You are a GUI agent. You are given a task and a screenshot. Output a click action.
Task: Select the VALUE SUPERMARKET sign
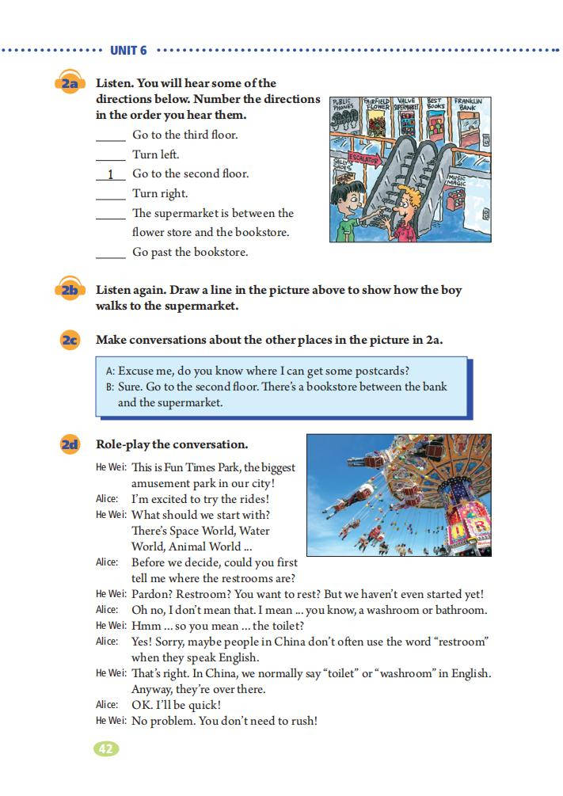tap(406, 104)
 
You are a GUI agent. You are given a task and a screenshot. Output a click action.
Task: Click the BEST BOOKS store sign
tap(436, 104)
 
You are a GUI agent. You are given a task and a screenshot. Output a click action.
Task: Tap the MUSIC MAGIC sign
tap(457, 180)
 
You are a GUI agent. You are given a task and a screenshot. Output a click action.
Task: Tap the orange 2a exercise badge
tap(69, 83)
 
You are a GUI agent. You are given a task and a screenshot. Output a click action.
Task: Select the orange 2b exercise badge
tap(69, 291)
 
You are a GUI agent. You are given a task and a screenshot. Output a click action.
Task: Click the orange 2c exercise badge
tap(69, 340)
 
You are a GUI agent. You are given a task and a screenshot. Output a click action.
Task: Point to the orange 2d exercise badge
tap(69, 444)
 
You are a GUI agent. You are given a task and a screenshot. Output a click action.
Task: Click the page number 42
tap(106, 748)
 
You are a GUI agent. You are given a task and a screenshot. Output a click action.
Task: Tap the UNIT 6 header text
tap(128, 51)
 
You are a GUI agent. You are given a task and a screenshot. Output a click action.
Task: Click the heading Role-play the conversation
tap(172, 444)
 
